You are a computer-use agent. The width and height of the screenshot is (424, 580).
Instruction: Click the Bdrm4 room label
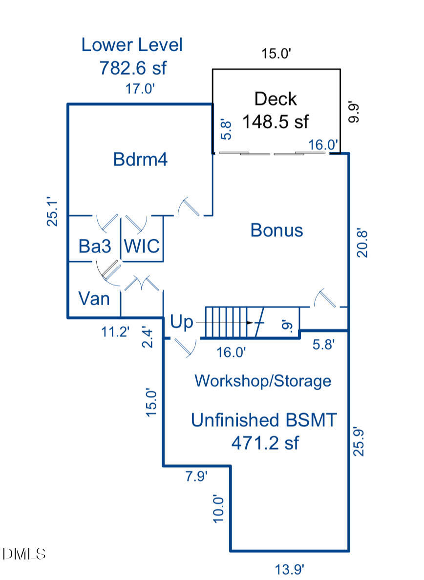click(x=140, y=160)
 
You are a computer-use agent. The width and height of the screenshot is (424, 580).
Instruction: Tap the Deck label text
click(x=276, y=99)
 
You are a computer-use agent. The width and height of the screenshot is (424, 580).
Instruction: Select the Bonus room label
click(x=276, y=230)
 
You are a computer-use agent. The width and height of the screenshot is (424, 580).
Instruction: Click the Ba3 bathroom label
click(x=95, y=246)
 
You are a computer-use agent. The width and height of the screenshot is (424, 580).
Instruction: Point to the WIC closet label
click(x=142, y=246)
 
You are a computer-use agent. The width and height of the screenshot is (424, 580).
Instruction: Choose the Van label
click(x=94, y=298)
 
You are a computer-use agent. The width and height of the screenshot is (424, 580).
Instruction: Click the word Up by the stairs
click(x=181, y=322)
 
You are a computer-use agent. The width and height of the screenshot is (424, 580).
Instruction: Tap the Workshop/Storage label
click(x=263, y=381)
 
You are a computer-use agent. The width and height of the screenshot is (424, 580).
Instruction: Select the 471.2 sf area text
click(x=265, y=443)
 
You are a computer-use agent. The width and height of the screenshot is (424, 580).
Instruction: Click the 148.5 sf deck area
click(x=276, y=121)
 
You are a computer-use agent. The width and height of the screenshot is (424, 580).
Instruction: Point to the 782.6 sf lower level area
click(x=133, y=67)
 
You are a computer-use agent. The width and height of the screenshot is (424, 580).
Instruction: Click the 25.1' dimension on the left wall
click(x=52, y=211)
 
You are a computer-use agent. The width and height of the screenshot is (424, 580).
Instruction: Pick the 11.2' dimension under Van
click(x=116, y=332)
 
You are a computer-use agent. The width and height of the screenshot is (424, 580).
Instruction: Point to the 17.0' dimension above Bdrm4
click(x=140, y=89)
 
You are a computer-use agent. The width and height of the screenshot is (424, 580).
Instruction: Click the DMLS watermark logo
click(x=24, y=554)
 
